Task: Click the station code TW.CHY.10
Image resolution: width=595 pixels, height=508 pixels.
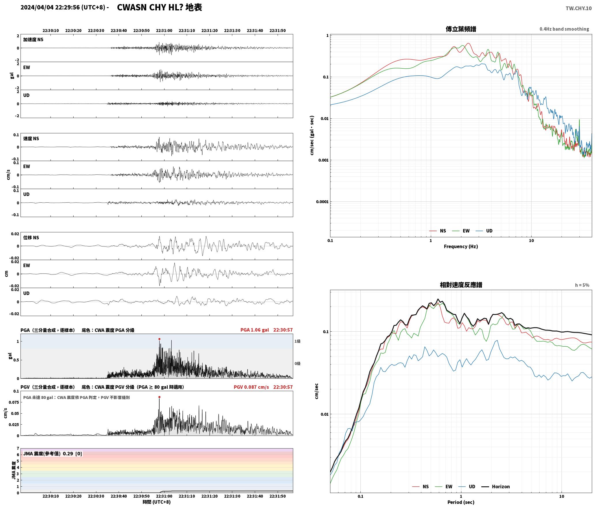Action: click(x=578, y=8)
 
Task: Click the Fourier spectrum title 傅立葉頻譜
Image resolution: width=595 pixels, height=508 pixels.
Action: click(x=461, y=29)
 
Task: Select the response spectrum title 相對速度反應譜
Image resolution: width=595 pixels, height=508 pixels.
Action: click(x=461, y=285)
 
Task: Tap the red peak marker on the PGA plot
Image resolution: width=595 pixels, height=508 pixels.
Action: click(x=159, y=339)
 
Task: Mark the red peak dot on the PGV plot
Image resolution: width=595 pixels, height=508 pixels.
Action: click(x=159, y=397)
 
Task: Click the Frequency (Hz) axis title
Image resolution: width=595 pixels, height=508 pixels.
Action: click(x=461, y=246)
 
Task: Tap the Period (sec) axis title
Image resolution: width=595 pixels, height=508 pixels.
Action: click(x=461, y=502)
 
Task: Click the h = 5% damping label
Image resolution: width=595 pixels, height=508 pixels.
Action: click(x=582, y=285)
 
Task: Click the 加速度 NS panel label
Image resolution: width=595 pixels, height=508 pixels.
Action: click(x=33, y=40)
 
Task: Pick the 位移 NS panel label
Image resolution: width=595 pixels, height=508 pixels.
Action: click(x=31, y=238)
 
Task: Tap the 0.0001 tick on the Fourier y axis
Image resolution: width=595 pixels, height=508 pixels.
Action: click(x=322, y=201)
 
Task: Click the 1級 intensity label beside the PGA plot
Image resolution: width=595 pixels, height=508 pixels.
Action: click(x=297, y=341)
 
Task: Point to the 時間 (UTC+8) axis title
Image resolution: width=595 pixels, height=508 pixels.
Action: click(x=157, y=502)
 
